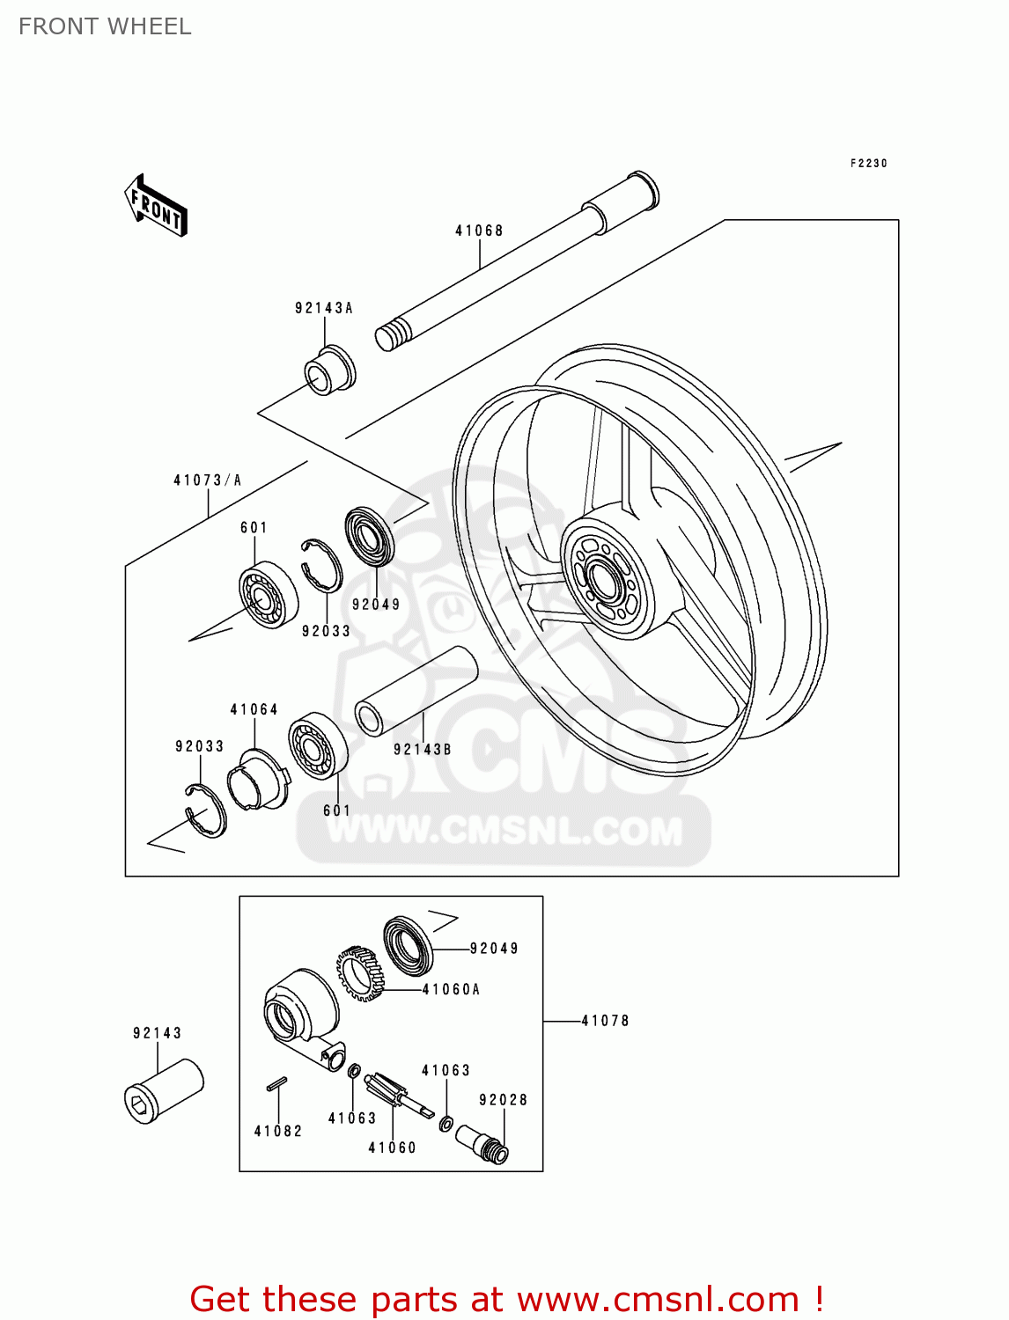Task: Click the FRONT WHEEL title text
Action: (x=105, y=26)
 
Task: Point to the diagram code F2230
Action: (x=868, y=164)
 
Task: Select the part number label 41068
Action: (x=479, y=231)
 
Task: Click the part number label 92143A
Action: (x=323, y=308)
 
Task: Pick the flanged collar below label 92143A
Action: (x=331, y=371)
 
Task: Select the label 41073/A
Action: (x=207, y=480)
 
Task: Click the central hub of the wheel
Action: (x=607, y=579)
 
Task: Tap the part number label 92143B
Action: (x=422, y=750)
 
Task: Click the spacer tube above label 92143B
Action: (x=416, y=691)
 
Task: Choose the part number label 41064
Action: (x=254, y=709)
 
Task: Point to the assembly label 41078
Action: (x=605, y=1021)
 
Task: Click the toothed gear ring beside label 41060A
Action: (x=360, y=972)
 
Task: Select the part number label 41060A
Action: (x=451, y=989)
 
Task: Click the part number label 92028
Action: (x=503, y=1100)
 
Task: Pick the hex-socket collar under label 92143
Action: (x=164, y=1090)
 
